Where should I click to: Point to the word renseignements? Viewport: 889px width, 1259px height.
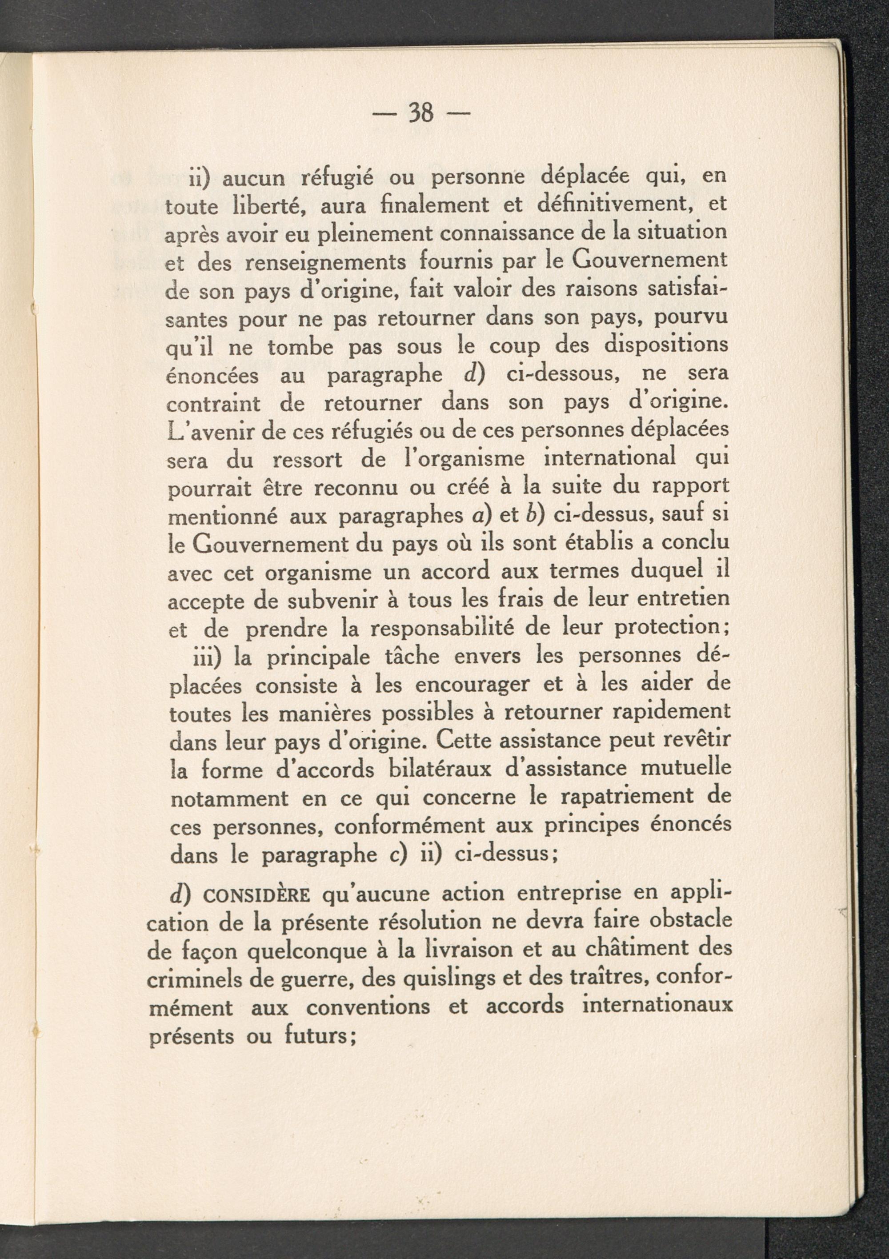coord(326,262)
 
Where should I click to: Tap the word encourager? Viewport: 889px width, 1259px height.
coord(472,685)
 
